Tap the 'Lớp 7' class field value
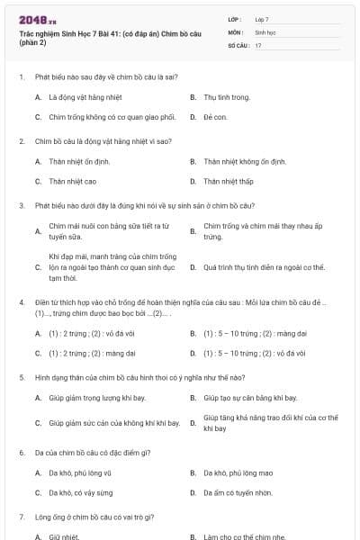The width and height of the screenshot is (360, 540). (262, 19)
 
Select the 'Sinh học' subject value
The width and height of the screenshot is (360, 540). (265, 31)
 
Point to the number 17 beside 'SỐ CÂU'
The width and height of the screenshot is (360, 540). (258, 45)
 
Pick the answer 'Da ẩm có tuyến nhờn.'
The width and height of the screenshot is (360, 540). (238, 493)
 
